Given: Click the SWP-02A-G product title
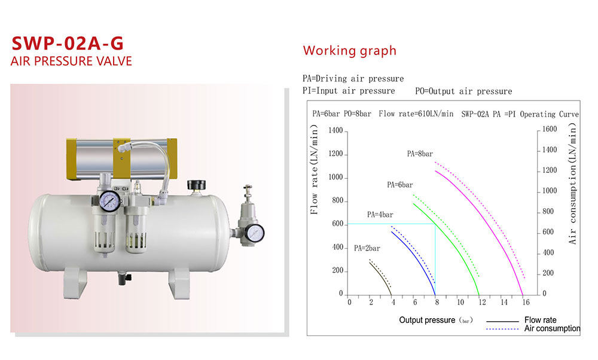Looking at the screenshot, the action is point(68,43).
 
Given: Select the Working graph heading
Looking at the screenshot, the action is point(350,51).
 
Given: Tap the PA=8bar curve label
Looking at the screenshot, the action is point(420,154).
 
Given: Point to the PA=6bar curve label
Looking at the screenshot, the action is point(399,185).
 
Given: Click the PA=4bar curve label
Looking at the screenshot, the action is point(380,215).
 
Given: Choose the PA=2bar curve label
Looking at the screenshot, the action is point(367,248).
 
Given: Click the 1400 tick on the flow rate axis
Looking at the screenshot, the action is point(335,130).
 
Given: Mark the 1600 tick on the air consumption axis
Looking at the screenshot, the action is point(550,129).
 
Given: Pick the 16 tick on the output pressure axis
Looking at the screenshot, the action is point(526,303).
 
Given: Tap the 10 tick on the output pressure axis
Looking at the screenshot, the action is point(460,303).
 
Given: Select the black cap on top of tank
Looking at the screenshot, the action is point(196,185).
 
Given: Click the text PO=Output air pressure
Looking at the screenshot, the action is point(463,91).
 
